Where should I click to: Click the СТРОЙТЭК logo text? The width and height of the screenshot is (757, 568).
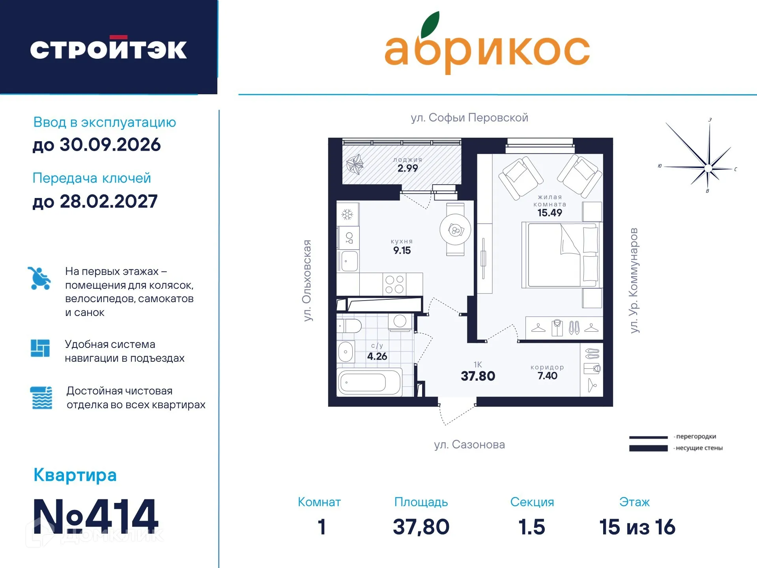tap(108, 49)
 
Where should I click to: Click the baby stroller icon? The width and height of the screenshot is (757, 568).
tap(39, 278)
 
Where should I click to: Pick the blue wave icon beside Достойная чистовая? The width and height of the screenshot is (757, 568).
tap(41, 398)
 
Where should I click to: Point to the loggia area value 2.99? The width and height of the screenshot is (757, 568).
tap(407, 168)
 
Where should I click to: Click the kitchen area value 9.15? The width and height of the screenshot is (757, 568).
tap(402, 250)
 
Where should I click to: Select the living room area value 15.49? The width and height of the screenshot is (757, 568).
tap(550, 213)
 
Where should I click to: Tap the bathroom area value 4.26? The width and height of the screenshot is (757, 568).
tap(377, 357)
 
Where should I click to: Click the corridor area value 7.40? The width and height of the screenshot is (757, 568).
tap(547, 376)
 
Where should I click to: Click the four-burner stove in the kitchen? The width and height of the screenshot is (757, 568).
tap(394, 284)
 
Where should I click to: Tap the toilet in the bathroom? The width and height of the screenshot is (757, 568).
tap(350, 326)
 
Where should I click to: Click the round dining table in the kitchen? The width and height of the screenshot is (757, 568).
tap(455, 230)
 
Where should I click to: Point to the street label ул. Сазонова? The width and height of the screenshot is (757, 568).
tap(469, 445)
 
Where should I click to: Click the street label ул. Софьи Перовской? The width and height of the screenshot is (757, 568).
tap(469, 118)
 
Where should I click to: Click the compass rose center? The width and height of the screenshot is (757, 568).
tap(708, 168)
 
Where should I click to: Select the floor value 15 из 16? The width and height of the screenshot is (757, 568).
tap(637, 527)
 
